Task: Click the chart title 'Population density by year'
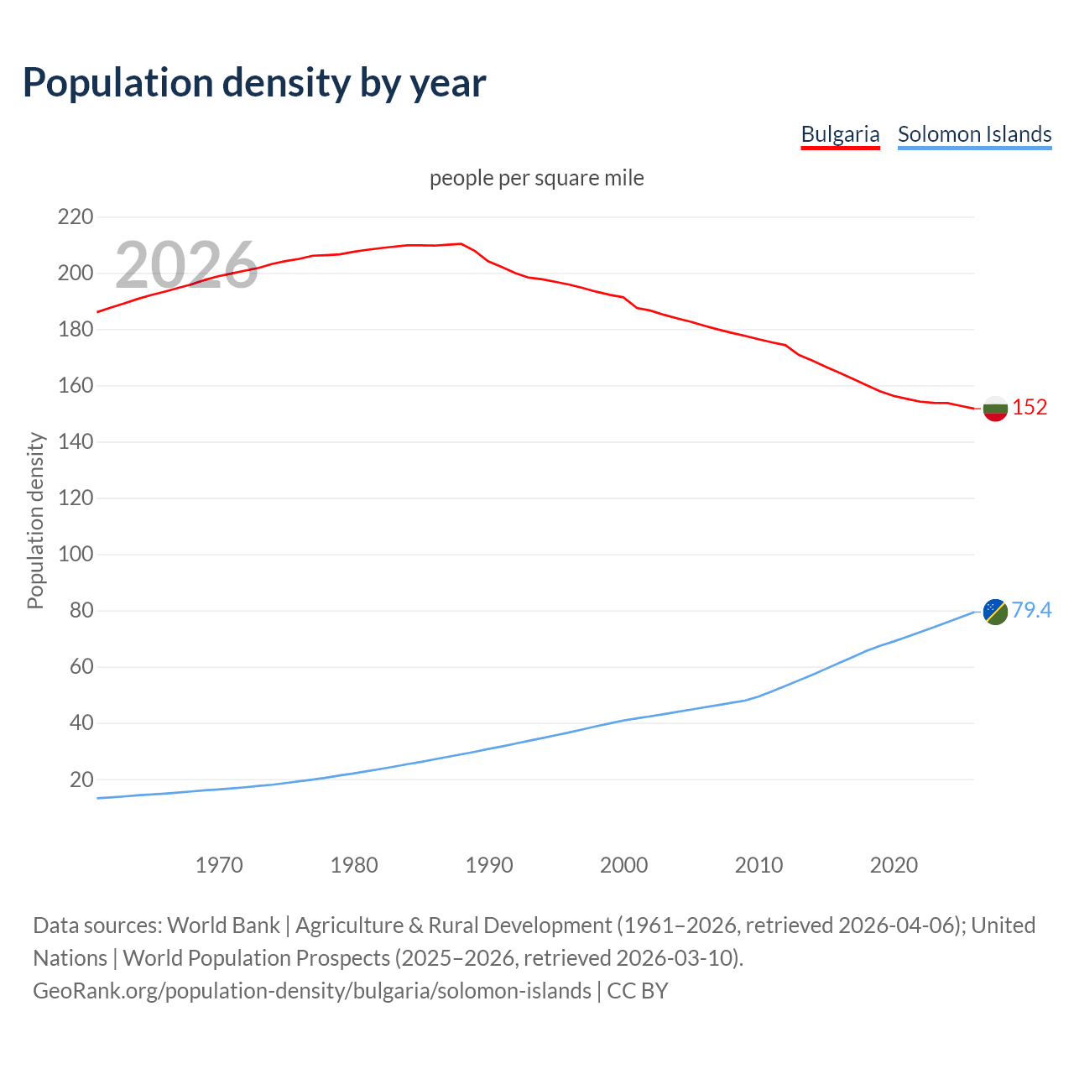pyautogui.click(x=254, y=83)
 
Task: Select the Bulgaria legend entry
pyautogui.click(x=840, y=134)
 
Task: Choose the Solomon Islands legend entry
pyautogui.click(x=974, y=134)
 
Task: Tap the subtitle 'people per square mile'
pyautogui.click(x=537, y=178)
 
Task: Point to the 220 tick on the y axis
pyautogui.click(x=76, y=217)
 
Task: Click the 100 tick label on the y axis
pyautogui.click(x=76, y=555)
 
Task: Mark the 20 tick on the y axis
pyautogui.click(x=81, y=779)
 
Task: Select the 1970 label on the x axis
pyautogui.click(x=219, y=865)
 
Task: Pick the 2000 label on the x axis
pyautogui.click(x=623, y=865)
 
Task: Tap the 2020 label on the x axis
pyautogui.click(x=894, y=865)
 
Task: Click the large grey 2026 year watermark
pyautogui.click(x=186, y=265)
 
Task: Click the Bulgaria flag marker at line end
pyautogui.click(x=995, y=409)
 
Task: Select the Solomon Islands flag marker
pyautogui.click(x=995, y=612)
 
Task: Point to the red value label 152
pyautogui.click(x=1030, y=408)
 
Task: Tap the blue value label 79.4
pyautogui.click(x=1031, y=611)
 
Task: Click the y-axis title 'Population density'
pyautogui.click(x=35, y=520)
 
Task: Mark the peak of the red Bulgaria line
pyautogui.click(x=461, y=244)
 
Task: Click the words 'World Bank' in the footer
pyautogui.click(x=223, y=925)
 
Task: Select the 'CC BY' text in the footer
pyautogui.click(x=638, y=991)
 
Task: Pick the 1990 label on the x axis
pyautogui.click(x=489, y=865)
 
